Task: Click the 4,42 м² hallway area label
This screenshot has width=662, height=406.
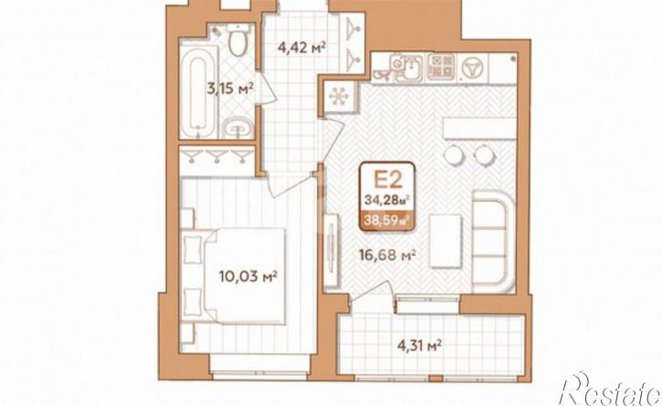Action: click(x=302, y=47)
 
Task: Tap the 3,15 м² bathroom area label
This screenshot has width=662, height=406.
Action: click(x=230, y=90)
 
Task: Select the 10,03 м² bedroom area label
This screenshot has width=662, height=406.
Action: click(x=247, y=277)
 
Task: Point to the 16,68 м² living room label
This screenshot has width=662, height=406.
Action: click(x=387, y=255)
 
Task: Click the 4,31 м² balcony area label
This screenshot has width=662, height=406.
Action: click(x=419, y=346)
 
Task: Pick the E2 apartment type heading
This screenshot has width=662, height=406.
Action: click(x=387, y=180)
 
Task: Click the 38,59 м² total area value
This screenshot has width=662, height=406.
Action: click(x=387, y=220)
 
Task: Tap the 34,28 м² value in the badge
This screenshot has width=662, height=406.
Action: click(x=387, y=199)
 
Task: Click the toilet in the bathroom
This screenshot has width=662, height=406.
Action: click(x=237, y=40)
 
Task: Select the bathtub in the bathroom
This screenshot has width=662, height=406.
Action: click(x=198, y=91)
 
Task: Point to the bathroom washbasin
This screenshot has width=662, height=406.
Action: click(x=237, y=127)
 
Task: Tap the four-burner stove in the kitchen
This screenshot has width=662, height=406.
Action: click(x=441, y=67)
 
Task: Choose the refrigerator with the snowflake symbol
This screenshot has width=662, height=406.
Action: click(x=339, y=97)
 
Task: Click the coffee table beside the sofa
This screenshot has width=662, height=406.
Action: click(x=446, y=241)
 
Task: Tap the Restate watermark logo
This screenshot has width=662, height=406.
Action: click(x=610, y=390)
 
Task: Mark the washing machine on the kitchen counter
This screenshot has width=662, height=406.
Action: click(x=473, y=68)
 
